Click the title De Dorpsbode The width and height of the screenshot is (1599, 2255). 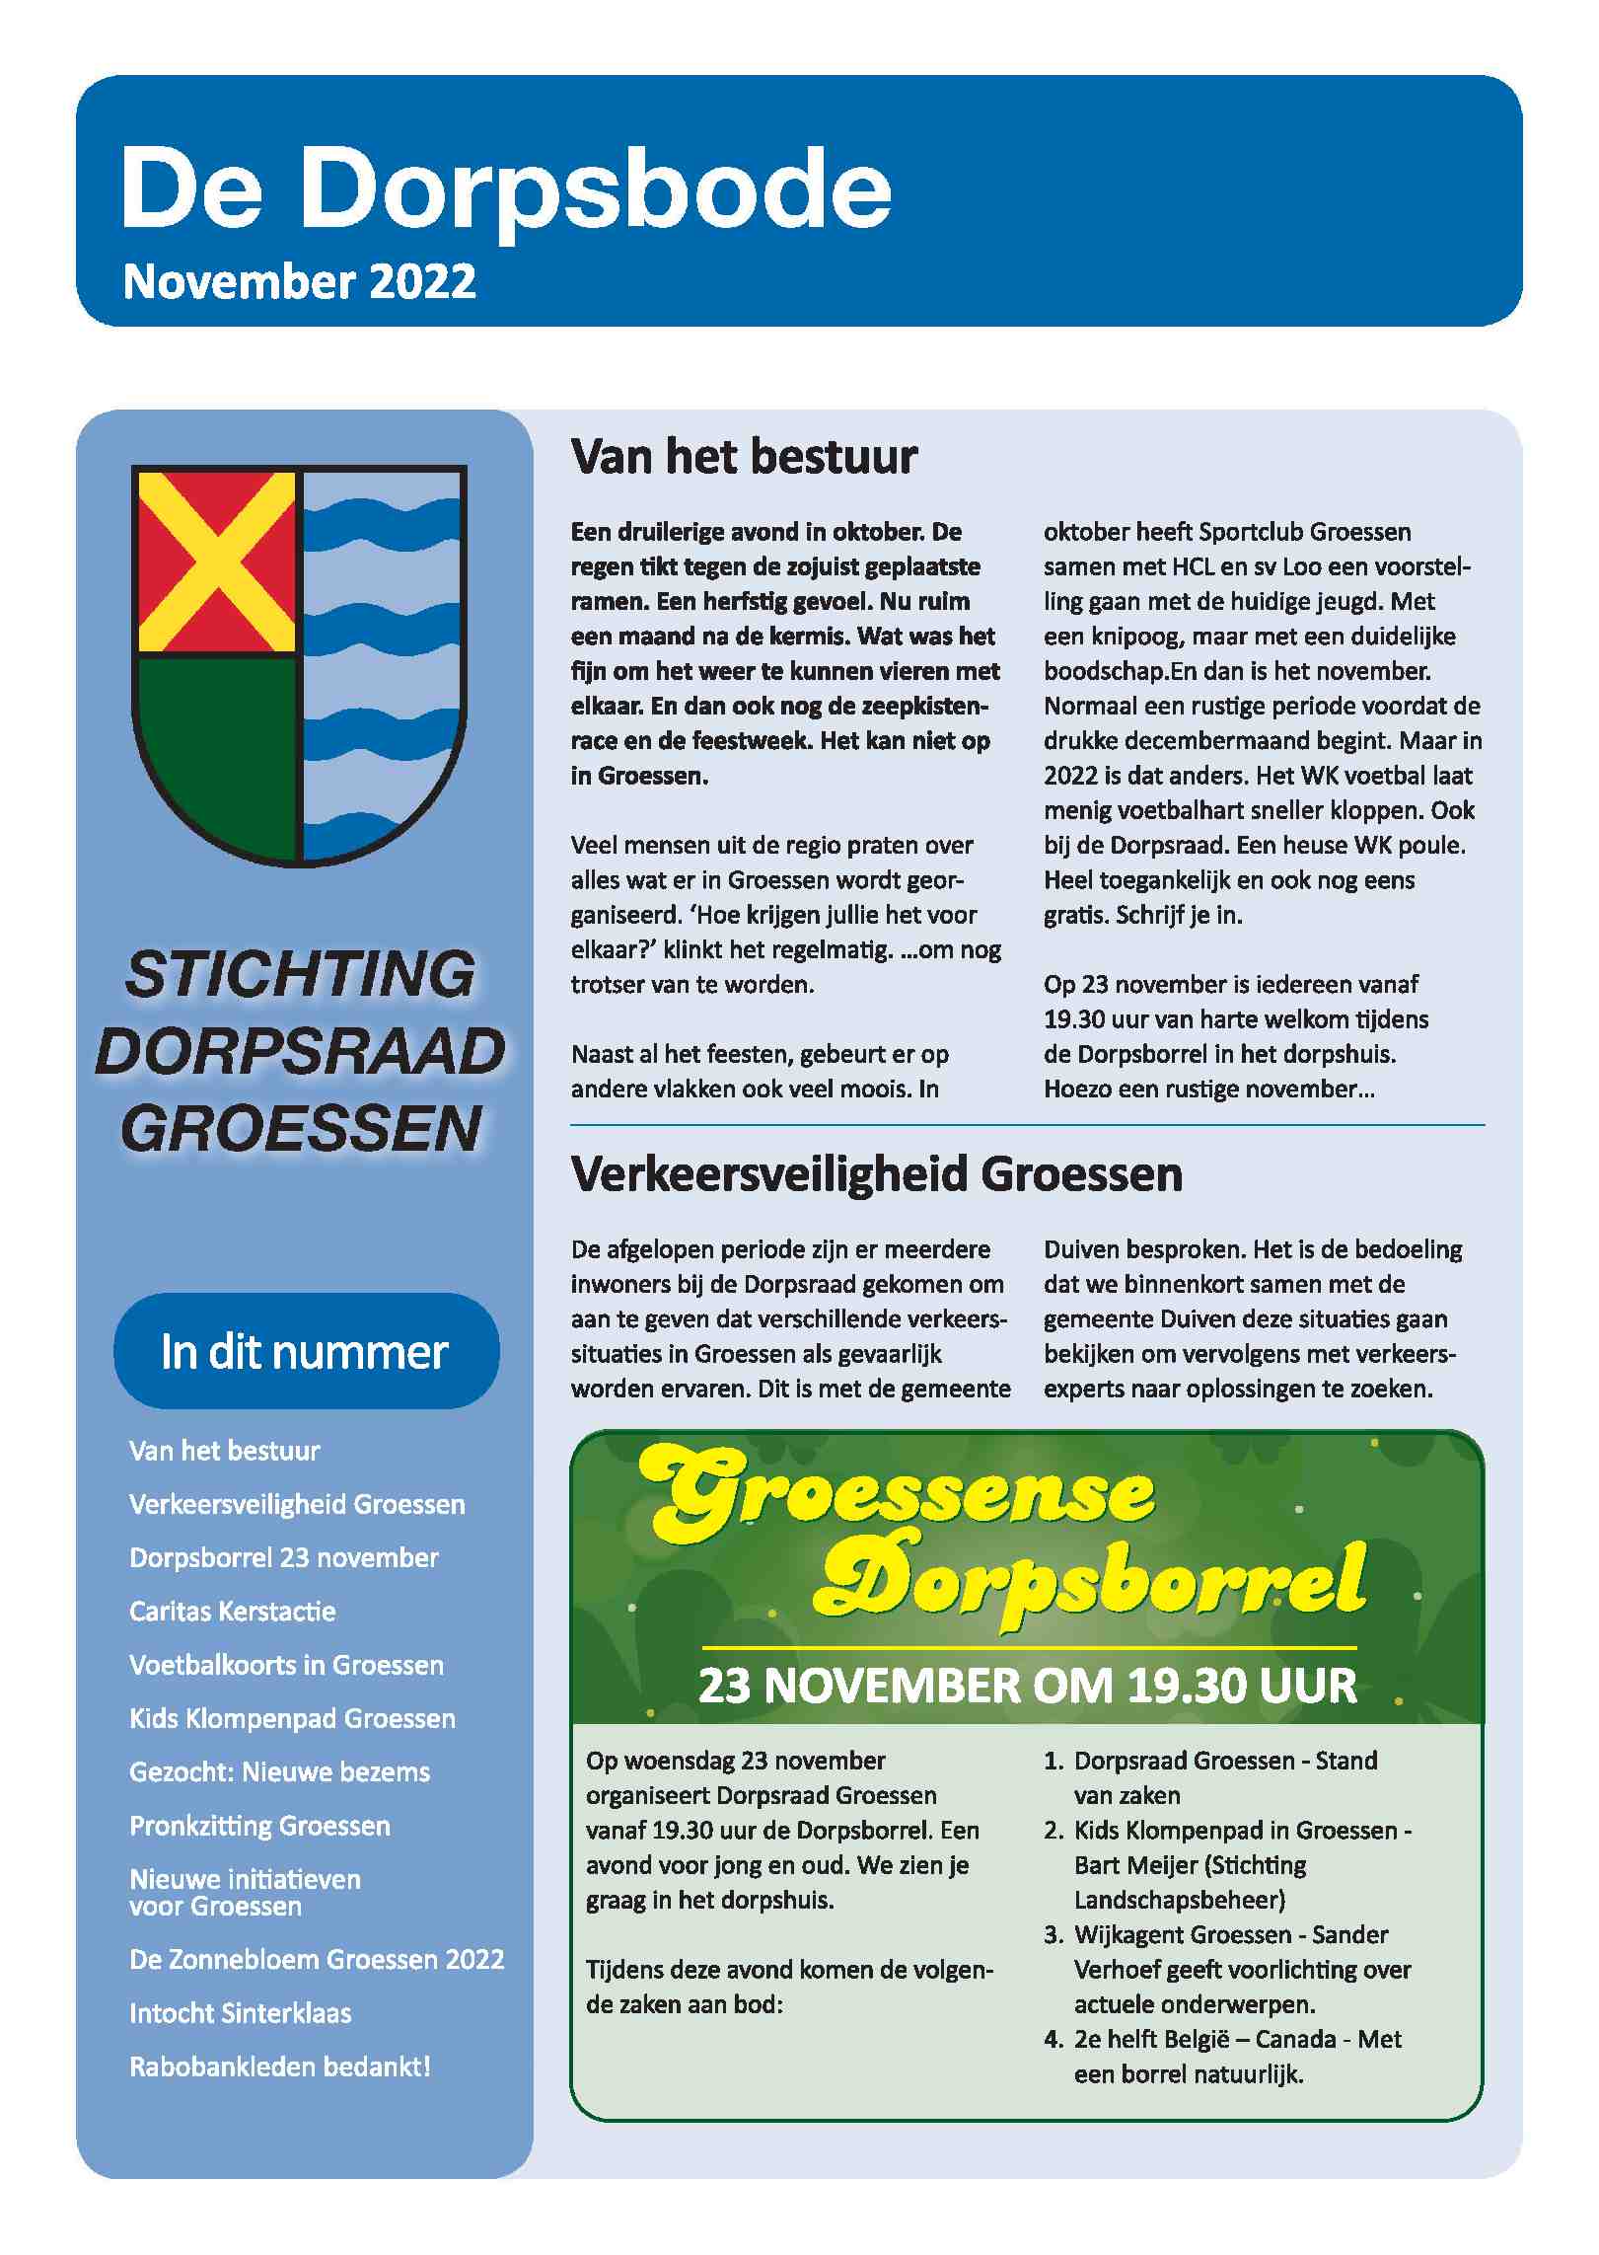pos(505,188)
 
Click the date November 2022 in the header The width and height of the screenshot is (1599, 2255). pos(299,282)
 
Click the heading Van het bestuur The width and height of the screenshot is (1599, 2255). pos(744,457)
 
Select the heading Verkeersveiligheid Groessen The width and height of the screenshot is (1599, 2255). pos(876,1174)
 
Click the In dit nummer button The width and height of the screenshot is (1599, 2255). pos(306,1351)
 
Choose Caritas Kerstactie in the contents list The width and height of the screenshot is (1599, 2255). pos(233,1612)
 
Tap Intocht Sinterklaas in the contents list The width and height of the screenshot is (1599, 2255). pos(240,2013)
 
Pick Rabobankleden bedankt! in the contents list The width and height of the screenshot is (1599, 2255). pos(280,2067)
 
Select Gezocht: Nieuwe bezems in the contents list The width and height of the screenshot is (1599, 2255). pos(279,1771)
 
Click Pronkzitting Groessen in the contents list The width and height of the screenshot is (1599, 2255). pos(259,1826)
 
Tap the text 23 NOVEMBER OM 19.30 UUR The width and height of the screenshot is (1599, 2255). pos(1027,1686)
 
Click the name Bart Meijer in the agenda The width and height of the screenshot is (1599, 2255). pos(1133,1865)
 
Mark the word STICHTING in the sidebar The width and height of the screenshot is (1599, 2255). pos(301,974)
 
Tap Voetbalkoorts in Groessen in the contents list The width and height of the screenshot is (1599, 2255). pos(286,1665)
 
